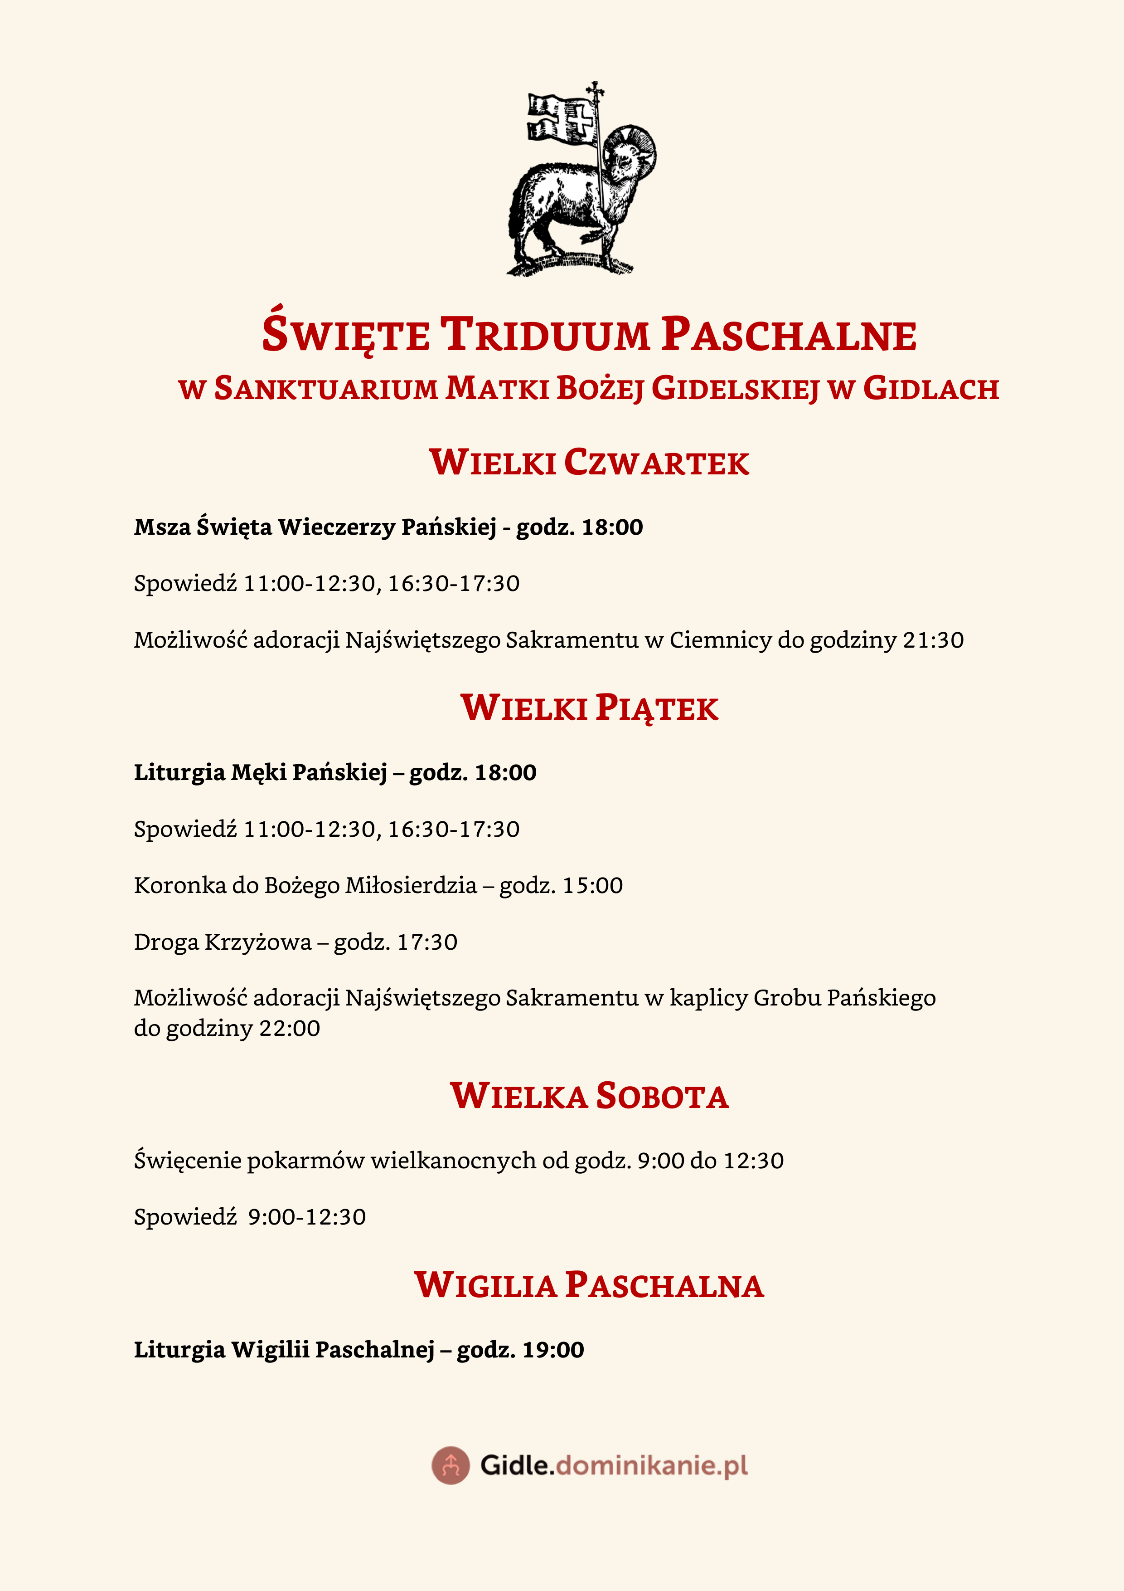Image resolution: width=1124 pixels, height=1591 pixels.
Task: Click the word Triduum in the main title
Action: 545,335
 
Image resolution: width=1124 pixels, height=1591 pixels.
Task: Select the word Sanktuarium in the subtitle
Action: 325,389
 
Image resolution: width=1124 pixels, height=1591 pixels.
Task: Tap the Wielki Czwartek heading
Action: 589,462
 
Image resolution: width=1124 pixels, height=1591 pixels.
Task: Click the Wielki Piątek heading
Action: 589,708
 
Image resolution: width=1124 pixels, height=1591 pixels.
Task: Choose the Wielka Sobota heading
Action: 589,1096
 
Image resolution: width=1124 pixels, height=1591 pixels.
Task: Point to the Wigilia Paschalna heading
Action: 589,1285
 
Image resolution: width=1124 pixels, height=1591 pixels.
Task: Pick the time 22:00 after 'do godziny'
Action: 290,1028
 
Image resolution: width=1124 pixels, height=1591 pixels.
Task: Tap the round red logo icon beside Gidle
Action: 451,1465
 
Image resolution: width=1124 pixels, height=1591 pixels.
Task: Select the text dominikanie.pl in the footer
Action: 651,1465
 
